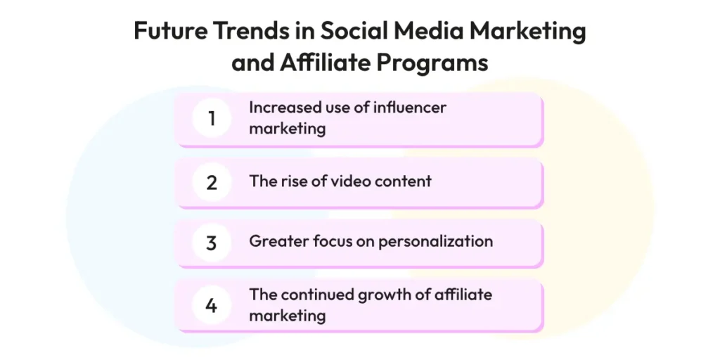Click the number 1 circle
point(211,118)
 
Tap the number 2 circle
point(211,182)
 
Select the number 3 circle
point(211,243)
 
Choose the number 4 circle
point(211,305)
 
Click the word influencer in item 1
point(410,108)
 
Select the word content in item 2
point(403,181)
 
